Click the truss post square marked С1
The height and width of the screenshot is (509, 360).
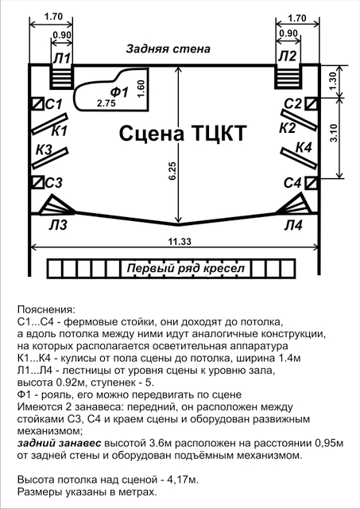point(37,104)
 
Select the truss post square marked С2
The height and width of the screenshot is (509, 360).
point(312,104)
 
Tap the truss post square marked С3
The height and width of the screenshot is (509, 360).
point(37,182)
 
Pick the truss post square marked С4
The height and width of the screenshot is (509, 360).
point(312,183)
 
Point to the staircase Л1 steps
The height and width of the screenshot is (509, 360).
point(61,77)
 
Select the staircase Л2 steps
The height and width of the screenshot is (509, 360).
point(288,77)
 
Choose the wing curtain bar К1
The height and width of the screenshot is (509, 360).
point(49,124)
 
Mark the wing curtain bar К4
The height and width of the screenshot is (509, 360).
point(298,158)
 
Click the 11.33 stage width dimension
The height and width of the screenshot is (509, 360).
point(175,247)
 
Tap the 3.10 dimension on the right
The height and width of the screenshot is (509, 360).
point(339,138)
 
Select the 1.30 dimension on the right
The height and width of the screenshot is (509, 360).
point(339,81)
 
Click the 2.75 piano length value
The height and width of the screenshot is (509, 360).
point(106,103)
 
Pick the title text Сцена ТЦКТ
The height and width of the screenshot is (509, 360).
point(183,133)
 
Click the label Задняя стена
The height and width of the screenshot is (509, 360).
point(168,49)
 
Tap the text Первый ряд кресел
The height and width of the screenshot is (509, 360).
point(185,269)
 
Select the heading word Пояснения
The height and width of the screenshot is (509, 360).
point(46,309)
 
